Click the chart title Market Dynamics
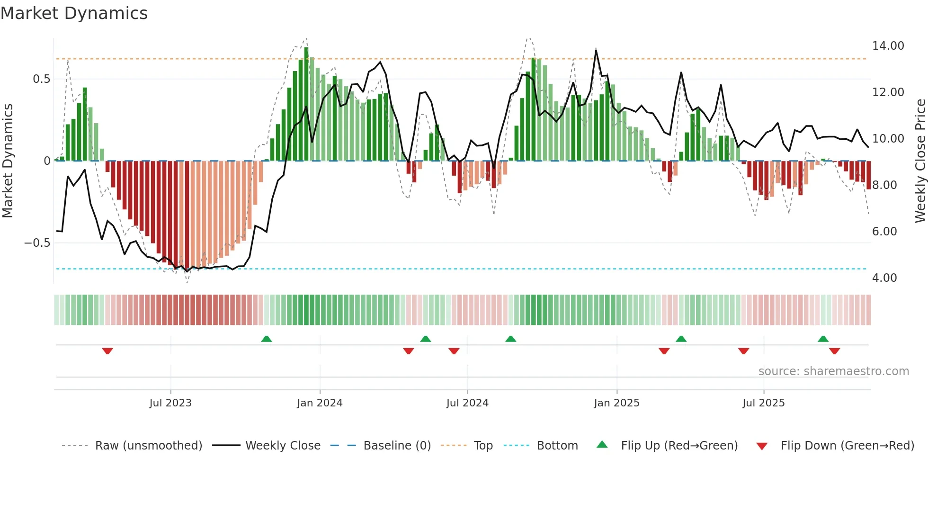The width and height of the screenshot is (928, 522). point(74,13)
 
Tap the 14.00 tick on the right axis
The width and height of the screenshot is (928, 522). point(888,46)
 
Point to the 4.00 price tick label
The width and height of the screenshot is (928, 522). point(884,278)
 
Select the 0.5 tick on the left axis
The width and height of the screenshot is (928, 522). point(42,79)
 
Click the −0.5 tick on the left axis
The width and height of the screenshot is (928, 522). point(37,243)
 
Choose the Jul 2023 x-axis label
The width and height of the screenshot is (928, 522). point(170,403)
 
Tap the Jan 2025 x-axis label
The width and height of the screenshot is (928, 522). point(616,403)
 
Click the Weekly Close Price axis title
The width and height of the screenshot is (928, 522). point(920,161)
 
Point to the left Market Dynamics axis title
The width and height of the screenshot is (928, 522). point(8,161)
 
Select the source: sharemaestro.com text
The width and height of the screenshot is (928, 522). point(833,371)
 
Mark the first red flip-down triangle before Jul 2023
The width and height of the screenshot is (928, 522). point(107,351)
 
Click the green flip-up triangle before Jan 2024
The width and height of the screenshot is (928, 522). point(267,339)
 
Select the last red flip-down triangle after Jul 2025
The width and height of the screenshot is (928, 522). point(834,351)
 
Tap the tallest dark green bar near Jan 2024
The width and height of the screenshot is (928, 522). point(306,104)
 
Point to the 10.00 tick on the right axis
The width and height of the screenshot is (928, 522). point(888,139)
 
